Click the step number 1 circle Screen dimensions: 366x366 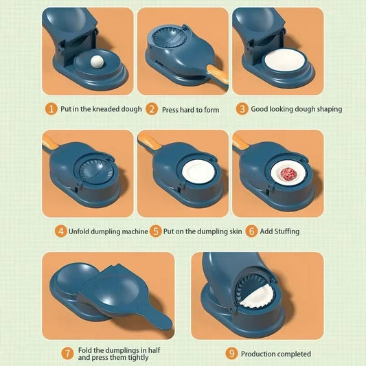[x=52, y=108]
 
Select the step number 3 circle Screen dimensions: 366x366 [x=242, y=108]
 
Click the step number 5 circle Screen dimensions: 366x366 [x=156, y=231]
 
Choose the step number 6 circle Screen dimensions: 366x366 [x=252, y=231]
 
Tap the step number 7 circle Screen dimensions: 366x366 [x=67, y=354]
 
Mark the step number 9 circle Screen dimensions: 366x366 [x=232, y=354]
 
